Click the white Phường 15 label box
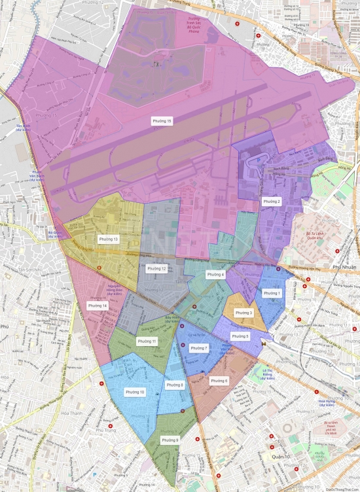[x=162, y=121]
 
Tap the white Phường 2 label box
[x=272, y=202]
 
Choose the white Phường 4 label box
[x=215, y=275]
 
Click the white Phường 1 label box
[x=272, y=293]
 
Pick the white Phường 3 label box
[x=243, y=313]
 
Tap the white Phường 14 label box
[x=98, y=306]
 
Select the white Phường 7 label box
[x=198, y=348]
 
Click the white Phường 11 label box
[x=147, y=342]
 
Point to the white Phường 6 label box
[x=219, y=380]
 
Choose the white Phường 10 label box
[x=135, y=392]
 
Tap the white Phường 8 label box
[x=175, y=385]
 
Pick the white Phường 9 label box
[x=170, y=440]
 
